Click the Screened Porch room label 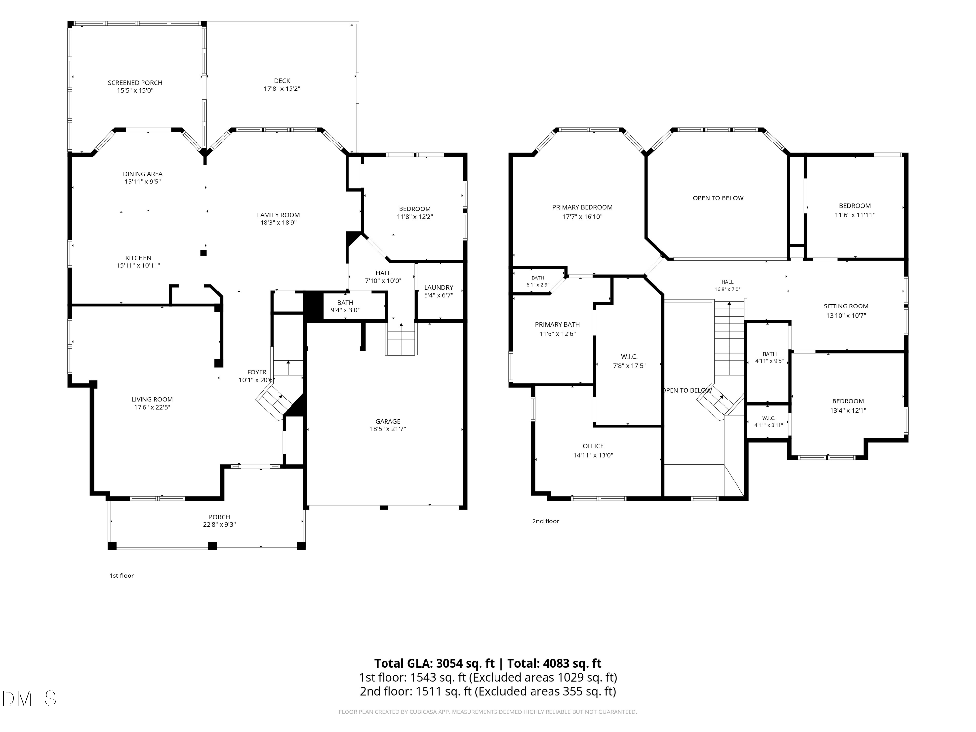[135, 83]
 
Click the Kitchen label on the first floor [138, 258]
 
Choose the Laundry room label [439, 288]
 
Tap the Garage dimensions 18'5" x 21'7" [388, 429]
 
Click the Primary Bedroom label [582, 207]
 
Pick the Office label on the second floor [593, 446]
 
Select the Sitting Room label [846, 306]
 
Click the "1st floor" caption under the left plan [121, 576]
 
